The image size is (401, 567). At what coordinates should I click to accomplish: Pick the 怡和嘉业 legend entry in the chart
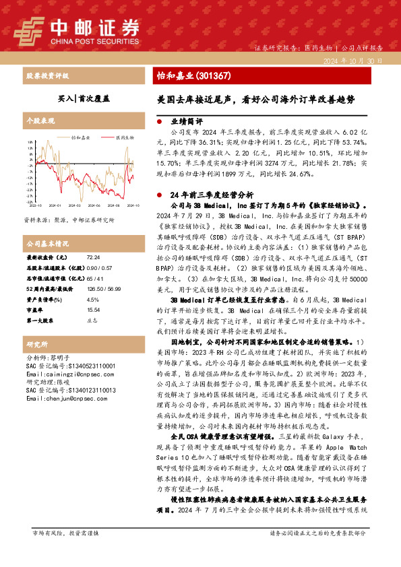click(82, 137)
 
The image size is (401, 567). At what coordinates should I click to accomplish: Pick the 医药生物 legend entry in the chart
click(124, 137)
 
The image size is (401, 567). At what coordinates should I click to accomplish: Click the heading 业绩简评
click(186, 121)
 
